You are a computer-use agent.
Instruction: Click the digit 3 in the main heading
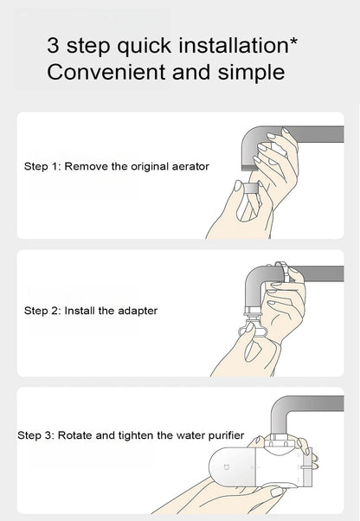pyautogui.click(x=53, y=46)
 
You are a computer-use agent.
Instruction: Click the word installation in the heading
pyautogui.click(x=234, y=45)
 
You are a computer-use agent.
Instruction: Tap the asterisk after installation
pyautogui.click(x=293, y=42)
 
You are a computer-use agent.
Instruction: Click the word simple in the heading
pyautogui.click(x=252, y=73)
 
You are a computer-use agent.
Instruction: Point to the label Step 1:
pyautogui.click(x=43, y=166)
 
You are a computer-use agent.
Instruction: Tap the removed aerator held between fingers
pyautogui.click(x=251, y=188)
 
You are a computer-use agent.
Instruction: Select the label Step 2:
pyautogui.click(x=43, y=311)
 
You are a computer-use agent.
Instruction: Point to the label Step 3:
pyautogui.click(x=35, y=435)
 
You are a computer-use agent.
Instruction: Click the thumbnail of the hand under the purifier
pyautogui.click(x=276, y=492)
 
